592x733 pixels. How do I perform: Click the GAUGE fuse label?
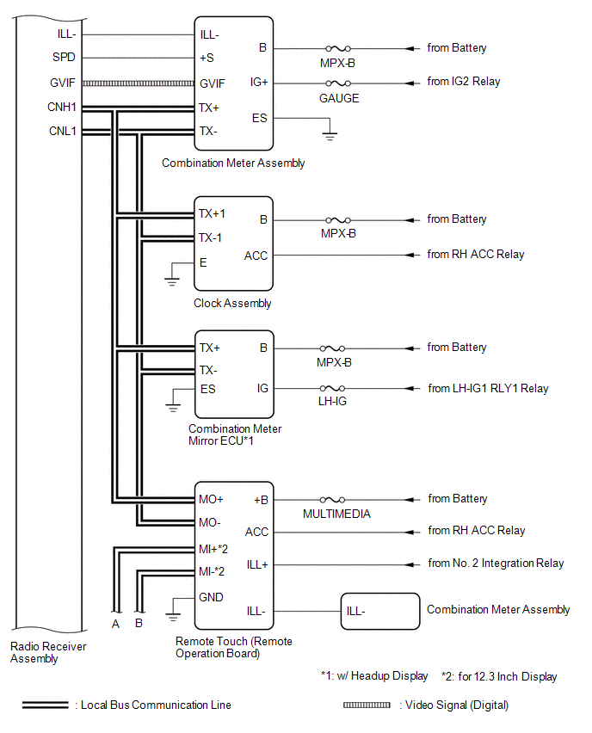click(339, 98)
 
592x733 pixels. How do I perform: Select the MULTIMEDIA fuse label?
click(336, 514)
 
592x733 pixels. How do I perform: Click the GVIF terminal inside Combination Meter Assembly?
click(213, 83)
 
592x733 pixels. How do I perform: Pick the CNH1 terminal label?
click(63, 108)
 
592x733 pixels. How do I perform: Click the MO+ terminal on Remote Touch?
click(212, 499)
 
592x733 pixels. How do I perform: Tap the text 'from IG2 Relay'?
click(464, 82)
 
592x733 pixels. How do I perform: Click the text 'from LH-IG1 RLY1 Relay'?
click(488, 388)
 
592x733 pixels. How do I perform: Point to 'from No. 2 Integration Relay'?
click(496, 564)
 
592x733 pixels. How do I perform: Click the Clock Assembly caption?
click(232, 303)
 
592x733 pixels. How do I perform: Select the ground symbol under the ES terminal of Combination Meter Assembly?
click(330, 135)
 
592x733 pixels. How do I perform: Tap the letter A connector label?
click(115, 624)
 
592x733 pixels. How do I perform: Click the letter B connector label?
click(139, 624)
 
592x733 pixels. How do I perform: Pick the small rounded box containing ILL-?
click(379, 612)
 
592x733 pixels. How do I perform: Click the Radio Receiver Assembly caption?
click(47, 652)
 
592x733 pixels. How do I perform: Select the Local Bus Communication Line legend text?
click(156, 705)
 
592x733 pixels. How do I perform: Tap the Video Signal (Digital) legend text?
click(453, 705)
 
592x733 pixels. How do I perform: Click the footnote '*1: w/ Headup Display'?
click(373, 676)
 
